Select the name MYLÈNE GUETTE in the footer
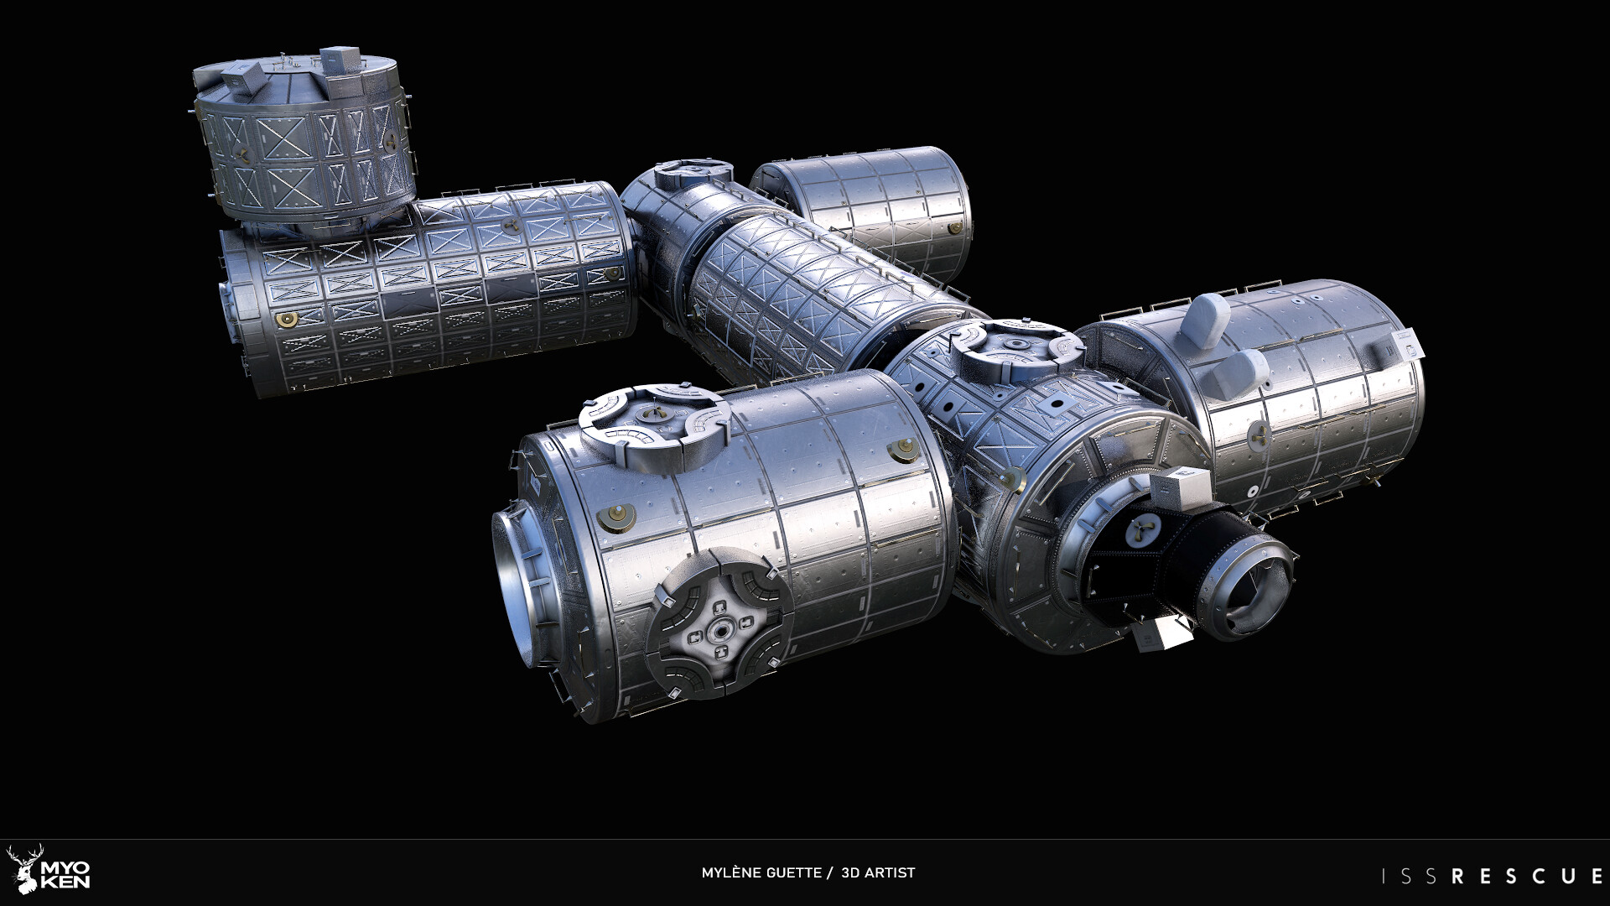(761, 872)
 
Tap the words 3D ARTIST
(878, 872)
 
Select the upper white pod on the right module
(1208, 319)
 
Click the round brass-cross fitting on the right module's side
(1258, 433)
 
